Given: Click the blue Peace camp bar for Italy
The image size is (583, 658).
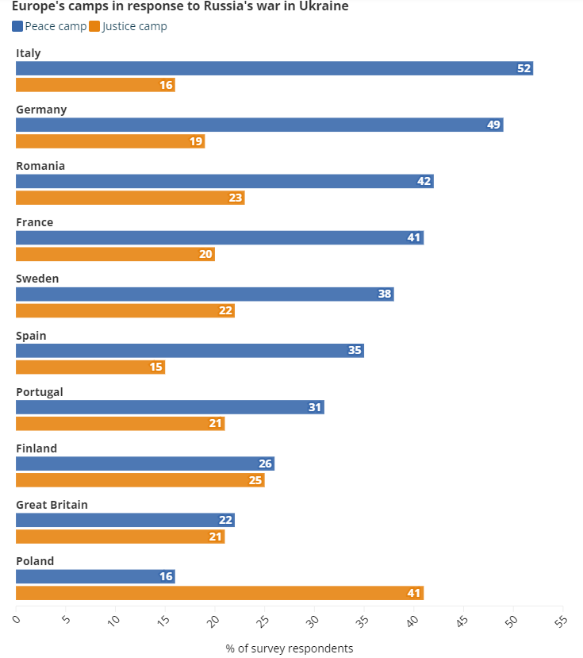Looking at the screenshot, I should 274,68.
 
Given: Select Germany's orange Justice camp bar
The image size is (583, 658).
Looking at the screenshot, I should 110,141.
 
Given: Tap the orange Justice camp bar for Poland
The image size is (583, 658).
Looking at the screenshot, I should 220,593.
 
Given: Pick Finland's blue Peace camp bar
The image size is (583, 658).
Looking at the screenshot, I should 145,464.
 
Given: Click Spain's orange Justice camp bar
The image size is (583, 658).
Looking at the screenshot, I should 90,367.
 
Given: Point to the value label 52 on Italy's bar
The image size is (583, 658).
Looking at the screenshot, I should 524,68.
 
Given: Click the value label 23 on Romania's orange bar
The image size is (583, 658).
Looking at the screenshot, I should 236,198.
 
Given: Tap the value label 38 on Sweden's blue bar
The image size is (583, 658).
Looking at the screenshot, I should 385,294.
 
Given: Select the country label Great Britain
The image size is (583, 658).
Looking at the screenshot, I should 52,505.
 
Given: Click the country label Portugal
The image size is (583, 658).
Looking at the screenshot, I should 40,392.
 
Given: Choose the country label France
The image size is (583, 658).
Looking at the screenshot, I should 35,222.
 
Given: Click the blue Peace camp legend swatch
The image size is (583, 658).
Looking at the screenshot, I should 17,26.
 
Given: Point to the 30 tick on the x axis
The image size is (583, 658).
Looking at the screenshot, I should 313,618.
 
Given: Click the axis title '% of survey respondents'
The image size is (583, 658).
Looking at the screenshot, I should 290,648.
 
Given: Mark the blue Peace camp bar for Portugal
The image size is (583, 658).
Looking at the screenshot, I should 170,407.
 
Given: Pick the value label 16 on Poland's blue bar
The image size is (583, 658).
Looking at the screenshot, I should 166,576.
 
